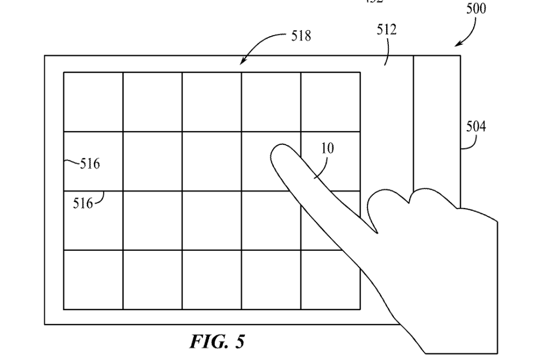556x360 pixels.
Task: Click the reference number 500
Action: click(476, 9)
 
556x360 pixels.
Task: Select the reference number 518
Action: click(301, 37)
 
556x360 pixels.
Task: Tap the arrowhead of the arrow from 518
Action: click(242, 63)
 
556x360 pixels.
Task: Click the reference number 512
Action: click(387, 29)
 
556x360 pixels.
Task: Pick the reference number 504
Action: click(476, 127)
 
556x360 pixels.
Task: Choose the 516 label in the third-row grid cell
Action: click(84, 203)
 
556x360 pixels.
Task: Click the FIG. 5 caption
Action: click(217, 341)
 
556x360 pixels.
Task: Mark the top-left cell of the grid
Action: click(93, 102)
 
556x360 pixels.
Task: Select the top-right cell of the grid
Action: click(330, 102)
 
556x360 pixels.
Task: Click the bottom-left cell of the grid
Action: click(93, 280)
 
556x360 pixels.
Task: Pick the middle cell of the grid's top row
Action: click(211, 102)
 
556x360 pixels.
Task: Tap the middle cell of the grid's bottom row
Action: click(211, 280)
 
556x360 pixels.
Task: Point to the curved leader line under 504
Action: click(468, 143)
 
